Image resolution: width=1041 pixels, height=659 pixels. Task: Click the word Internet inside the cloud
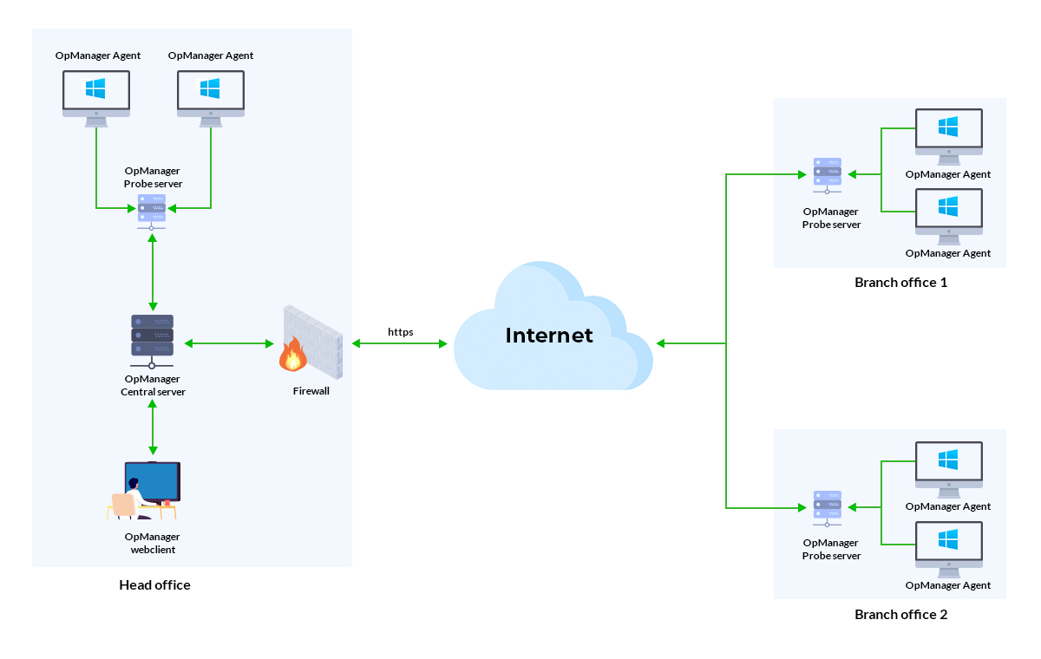[549, 336]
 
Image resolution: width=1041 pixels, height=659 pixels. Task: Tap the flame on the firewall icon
[292, 355]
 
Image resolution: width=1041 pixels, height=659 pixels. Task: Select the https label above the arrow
[400, 331]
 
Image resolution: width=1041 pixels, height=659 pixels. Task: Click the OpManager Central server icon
[153, 336]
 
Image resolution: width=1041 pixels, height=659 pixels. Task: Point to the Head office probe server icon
[152, 209]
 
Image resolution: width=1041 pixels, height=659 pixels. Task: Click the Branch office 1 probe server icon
[827, 174]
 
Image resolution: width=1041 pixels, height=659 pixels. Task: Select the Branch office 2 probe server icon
[827, 506]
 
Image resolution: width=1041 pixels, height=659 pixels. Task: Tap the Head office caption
[154, 585]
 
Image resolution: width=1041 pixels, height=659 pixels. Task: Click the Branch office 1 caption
[900, 283]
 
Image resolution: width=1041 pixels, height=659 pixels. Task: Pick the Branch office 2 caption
[900, 615]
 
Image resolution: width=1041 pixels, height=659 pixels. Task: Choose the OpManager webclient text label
[153, 543]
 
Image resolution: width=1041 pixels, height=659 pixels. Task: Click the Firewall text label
[311, 391]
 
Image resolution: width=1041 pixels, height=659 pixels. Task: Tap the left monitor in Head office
[96, 94]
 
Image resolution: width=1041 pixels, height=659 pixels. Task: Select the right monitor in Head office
[211, 94]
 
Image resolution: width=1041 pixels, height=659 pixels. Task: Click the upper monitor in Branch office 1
[948, 131]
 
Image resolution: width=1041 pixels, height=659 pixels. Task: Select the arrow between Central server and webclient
[153, 427]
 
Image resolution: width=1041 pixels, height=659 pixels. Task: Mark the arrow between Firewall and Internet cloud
[400, 344]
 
